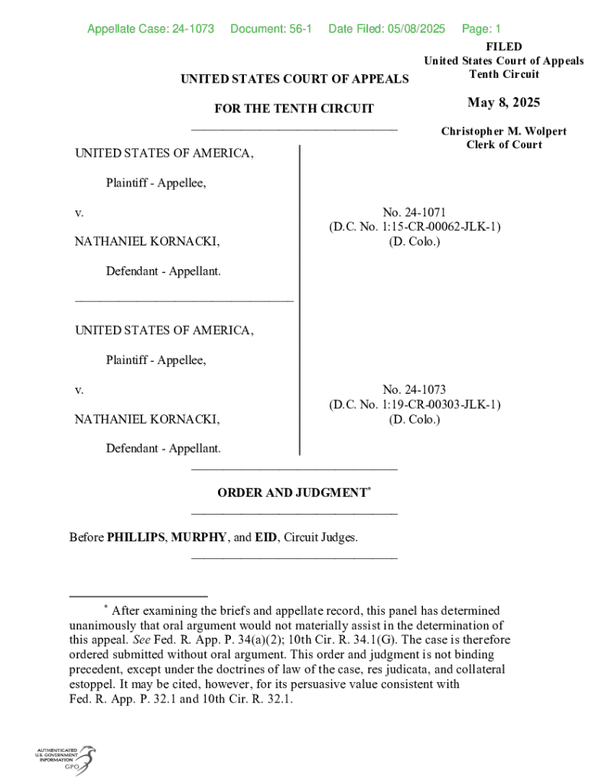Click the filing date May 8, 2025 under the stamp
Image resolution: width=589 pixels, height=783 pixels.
(503, 103)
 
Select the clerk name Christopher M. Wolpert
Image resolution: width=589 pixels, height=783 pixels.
(503, 132)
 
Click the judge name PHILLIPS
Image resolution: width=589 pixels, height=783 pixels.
(135, 538)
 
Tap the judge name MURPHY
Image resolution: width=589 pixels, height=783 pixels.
(198, 538)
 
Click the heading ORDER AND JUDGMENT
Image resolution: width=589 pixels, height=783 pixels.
(291, 493)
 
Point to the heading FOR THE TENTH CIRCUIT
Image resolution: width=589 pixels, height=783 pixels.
(294, 109)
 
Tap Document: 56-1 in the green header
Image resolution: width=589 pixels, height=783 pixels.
(271, 29)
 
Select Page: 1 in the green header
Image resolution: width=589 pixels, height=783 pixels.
(481, 29)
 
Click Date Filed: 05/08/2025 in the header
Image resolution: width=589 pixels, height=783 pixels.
(386, 29)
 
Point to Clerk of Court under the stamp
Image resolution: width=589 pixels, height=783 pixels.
(503, 145)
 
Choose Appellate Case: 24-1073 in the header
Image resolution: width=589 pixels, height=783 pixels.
(150, 29)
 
